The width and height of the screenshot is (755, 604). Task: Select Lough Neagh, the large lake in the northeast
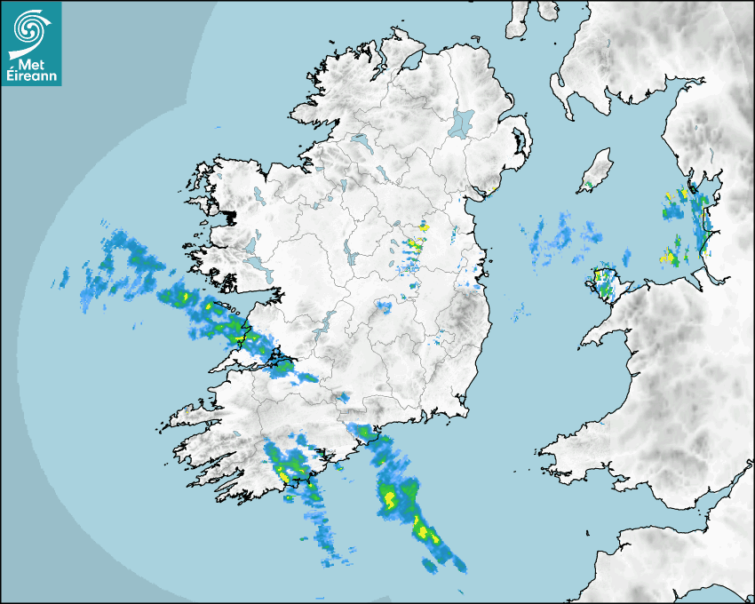pyautogui.click(x=463, y=122)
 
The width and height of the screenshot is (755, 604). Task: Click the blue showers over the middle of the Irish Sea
pyautogui.click(x=555, y=235)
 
